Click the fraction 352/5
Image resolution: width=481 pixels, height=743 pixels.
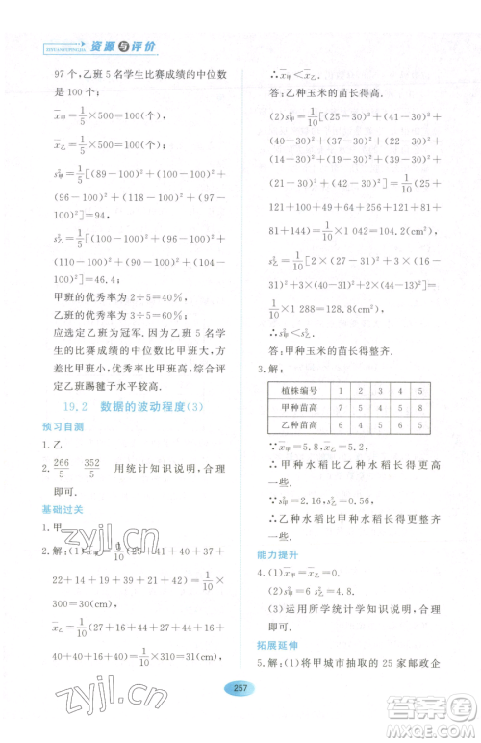click(x=94, y=468)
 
